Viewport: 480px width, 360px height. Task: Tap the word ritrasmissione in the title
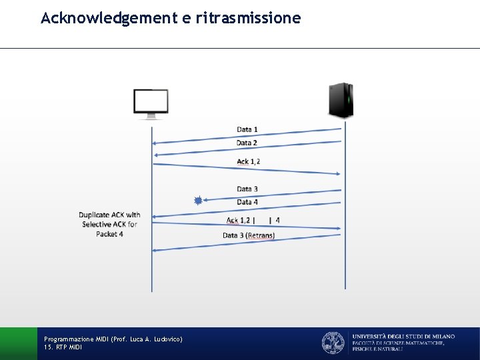coord(249,18)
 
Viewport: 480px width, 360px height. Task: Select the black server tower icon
coord(341,100)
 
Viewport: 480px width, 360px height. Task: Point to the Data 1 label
coord(247,129)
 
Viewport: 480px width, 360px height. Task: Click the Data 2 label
coord(247,143)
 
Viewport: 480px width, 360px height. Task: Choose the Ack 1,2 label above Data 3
coord(249,161)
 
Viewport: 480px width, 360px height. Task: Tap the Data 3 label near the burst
coord(247,189)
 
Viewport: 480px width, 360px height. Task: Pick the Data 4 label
coord(247,202)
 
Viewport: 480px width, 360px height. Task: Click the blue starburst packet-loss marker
coord(198,200)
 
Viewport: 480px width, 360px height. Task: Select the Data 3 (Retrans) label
coord(249,235)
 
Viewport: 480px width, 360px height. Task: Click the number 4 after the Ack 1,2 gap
coord(277,220)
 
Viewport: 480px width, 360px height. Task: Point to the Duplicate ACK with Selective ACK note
coord(109,224)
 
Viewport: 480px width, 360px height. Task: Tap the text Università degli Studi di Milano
coord(403,336)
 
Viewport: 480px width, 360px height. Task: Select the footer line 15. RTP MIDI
coord(63,347)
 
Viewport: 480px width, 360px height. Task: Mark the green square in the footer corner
coord(18,343)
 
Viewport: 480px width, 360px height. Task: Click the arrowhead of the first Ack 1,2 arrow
coord(339,173)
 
